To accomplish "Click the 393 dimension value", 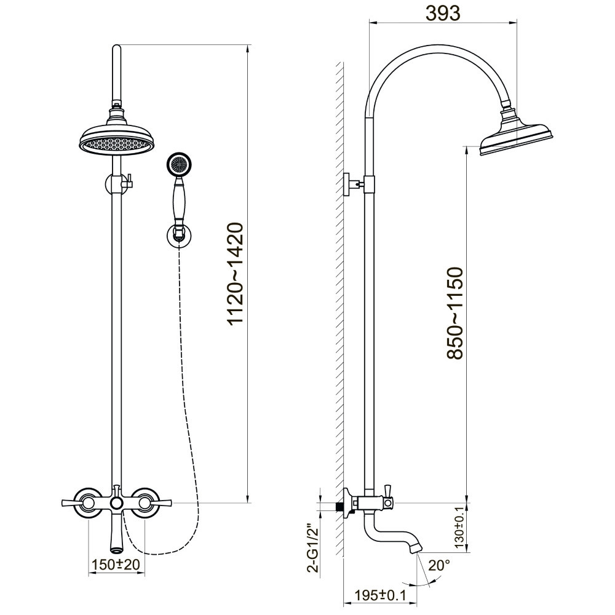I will pos(442,13).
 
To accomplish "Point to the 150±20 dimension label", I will pos(114,563).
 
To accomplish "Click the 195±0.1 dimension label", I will pos(381,594).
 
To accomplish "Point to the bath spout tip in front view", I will pos(116,545).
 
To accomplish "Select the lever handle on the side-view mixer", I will pos(389,490).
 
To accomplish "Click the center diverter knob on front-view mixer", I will pos(116,504).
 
